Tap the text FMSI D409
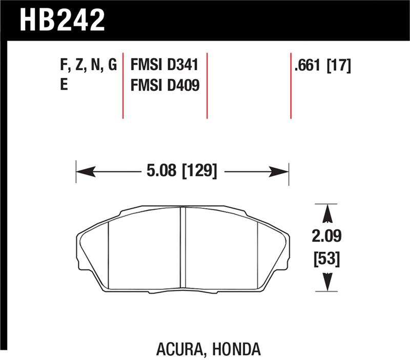pos(165,85)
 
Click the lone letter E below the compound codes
pos(64,85)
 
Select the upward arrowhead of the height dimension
pos(328,211)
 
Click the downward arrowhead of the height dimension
pos(328,284)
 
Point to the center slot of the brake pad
pos(182,249)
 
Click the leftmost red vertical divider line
pos(123,85)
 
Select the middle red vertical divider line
pos(207,85)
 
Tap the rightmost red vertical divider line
pos(291,85)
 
